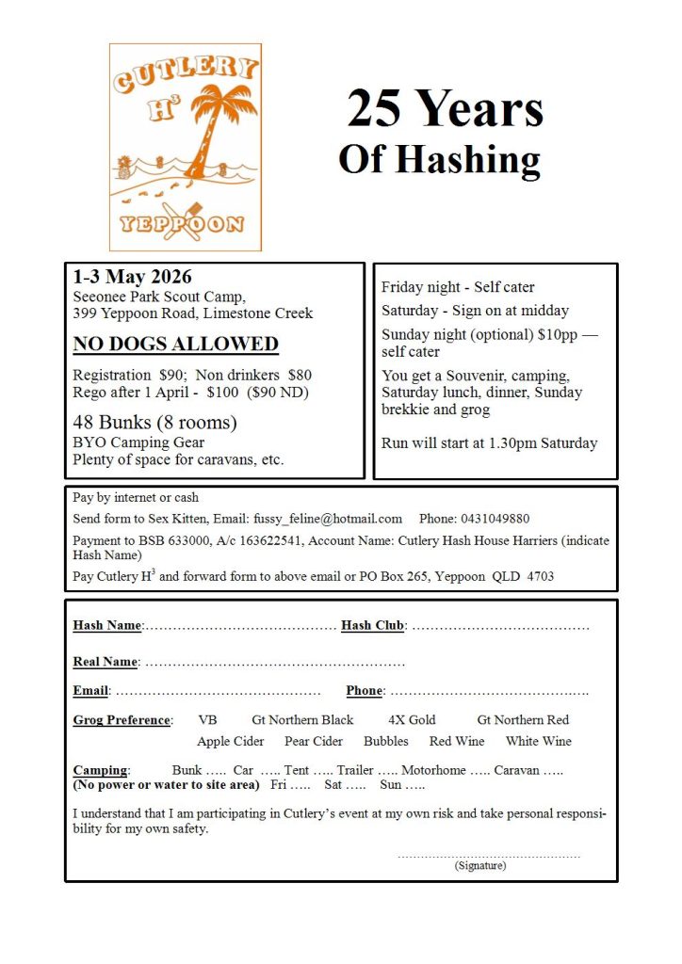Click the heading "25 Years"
[x=445, y=110]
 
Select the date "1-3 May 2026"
[x=132, y=277]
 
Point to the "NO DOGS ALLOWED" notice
[x=175, y=344]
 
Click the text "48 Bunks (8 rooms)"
[x=154, y=422]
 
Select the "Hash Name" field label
[x=106, y=625]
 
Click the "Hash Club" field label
[x=373, y=625]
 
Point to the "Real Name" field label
[x=105, y=662]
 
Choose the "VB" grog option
[x=207, y=720]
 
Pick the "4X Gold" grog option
[x=412, y=720]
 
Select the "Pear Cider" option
[x=314, y=741]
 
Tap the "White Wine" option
[x=538, y=741]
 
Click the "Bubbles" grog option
[x=386, y=741]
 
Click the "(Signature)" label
[x=479, y=865]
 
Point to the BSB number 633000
[x=180, y=540]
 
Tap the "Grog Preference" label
[x=122, y=720]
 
